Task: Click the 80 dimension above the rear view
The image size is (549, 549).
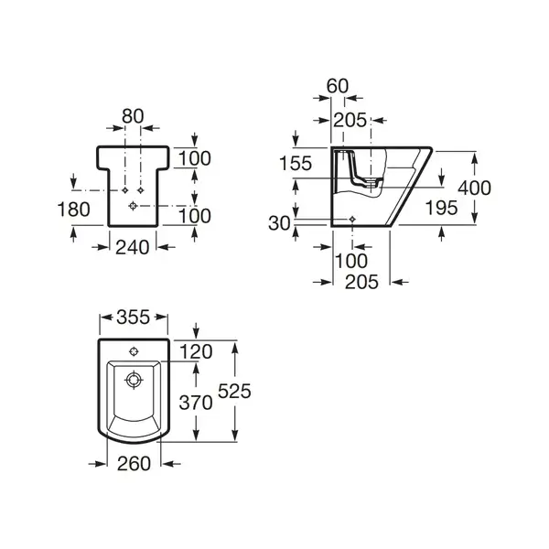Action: [x=133, y=116]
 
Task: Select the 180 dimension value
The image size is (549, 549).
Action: [x=73, y=210]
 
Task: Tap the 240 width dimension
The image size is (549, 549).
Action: [x=133, y=248]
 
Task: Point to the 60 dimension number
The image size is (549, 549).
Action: [x=338, y=86]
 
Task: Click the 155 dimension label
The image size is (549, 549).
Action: [x=296, y=164]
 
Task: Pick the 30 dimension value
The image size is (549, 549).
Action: [x=279, y=223]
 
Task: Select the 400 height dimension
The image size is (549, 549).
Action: [x=474, y=188]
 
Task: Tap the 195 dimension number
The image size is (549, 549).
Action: [x=441, y=208]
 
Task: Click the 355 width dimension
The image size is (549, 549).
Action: [x=133, y=318]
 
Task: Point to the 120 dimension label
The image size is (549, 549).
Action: [x=196, y=352]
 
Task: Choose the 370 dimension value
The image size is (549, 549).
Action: [x=196, y=403]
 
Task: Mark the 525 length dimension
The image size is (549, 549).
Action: [x=234, y=391]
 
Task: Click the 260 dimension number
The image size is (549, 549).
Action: [x=134, y=464]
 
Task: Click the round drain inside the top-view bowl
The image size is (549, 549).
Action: [x=134, y=380]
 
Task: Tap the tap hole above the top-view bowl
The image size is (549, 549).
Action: [x=134, y=351]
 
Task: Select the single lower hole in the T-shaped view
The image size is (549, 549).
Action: [x=133, y=206]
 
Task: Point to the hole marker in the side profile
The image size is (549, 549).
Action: [x=352, y=220]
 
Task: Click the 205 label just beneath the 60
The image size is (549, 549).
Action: [x=350, y=121]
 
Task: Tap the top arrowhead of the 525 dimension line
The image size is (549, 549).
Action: [x=235, y=347]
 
